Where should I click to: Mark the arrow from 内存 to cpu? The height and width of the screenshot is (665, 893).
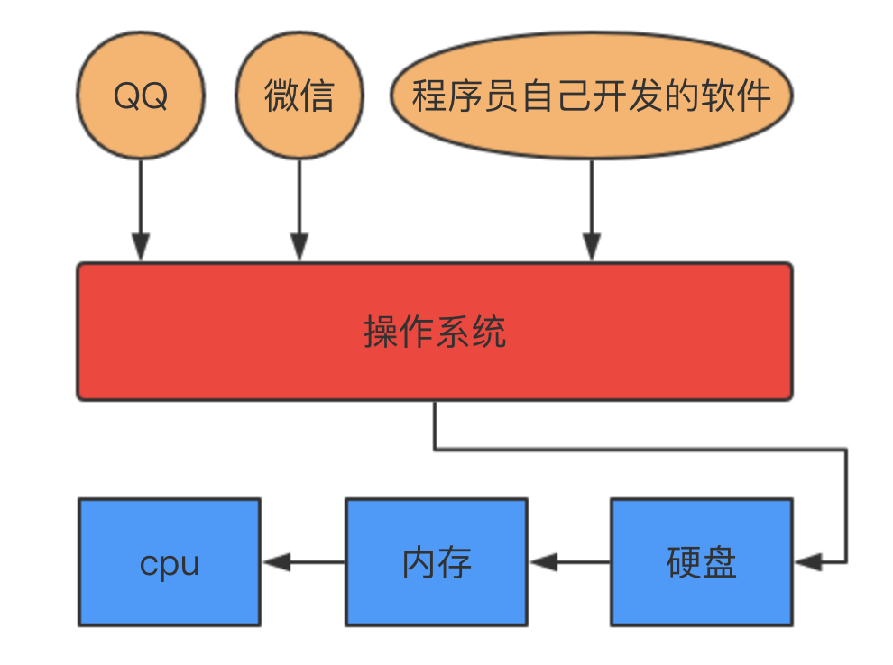click(x=303, y=562)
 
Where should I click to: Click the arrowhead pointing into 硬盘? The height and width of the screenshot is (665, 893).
click(x=808, y=562)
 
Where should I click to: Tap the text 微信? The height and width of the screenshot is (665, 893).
click(x=299, y=96)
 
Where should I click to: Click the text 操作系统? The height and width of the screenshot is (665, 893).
click(x=435, y=332)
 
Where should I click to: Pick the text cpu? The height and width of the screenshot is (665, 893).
click(x=170, y=564)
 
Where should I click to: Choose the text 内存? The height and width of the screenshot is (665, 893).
click(x=437, y=563)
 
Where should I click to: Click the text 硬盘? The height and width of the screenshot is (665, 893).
click(x=702, y=563)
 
